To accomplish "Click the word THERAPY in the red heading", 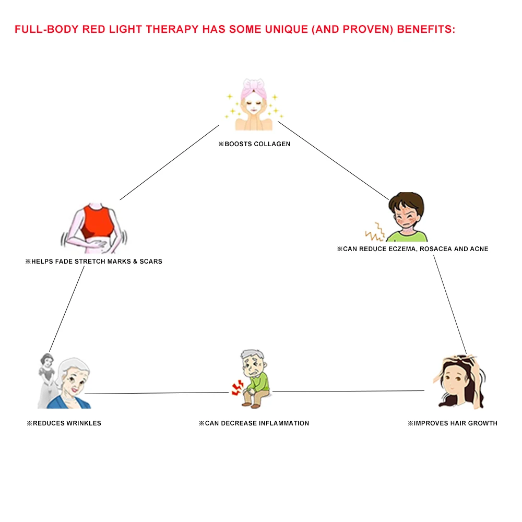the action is (x=172, y=29).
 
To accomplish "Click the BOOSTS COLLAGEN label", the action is (x=254, y=144).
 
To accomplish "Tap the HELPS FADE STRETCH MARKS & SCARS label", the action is (x=94, y=262).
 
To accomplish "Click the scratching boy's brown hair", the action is (x=407, y=204).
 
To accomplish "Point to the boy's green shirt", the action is (x=407, y=236).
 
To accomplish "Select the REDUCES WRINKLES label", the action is (x=64, y=423).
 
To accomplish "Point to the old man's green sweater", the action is (x=259, y=382).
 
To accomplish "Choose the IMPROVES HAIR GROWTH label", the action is (x=453, y=423).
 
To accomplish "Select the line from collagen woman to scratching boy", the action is (x=333, y=160).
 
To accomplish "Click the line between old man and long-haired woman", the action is (x=348, y=391).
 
